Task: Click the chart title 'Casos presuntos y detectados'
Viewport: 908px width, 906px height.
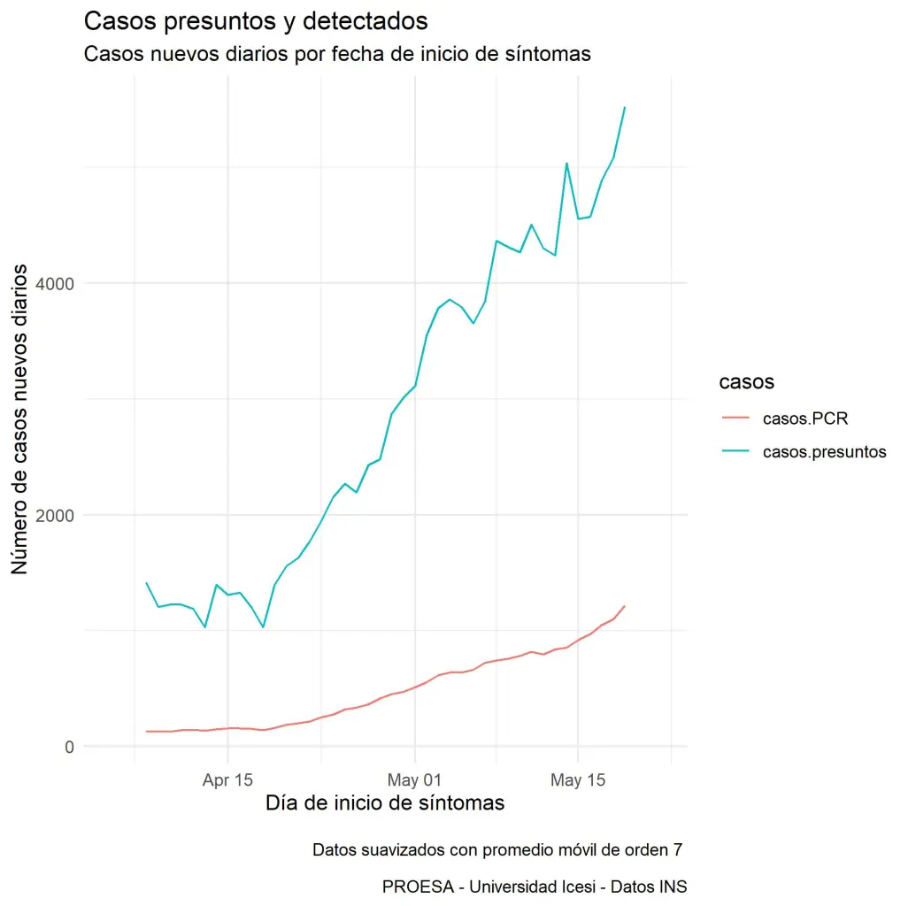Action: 256,20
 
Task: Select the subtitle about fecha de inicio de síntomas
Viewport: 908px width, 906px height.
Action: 336,54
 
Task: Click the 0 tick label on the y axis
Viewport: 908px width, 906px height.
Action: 66,747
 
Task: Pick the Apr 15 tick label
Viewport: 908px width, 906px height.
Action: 227,780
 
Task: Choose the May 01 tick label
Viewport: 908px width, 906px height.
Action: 414,780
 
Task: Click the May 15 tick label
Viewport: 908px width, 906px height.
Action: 577,780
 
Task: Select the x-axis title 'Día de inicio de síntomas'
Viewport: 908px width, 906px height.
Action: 385,803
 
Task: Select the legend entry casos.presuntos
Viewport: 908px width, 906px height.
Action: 824,451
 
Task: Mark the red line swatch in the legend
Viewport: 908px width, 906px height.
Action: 734,418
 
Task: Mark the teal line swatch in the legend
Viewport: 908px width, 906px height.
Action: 734,451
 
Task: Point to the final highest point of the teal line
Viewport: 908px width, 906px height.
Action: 625,108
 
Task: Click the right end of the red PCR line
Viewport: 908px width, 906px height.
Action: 625,606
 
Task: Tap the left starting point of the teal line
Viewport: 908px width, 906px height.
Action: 146,582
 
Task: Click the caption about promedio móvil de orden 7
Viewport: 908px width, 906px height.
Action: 497,851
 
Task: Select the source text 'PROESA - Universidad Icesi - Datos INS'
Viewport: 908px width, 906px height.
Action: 535,887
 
